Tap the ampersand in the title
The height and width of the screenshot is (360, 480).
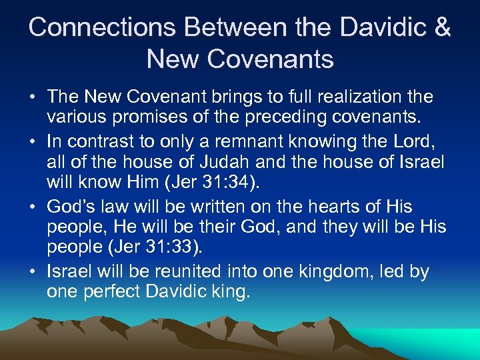(x=441, y=27)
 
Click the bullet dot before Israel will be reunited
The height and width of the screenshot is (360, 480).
(x=33, y=272)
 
